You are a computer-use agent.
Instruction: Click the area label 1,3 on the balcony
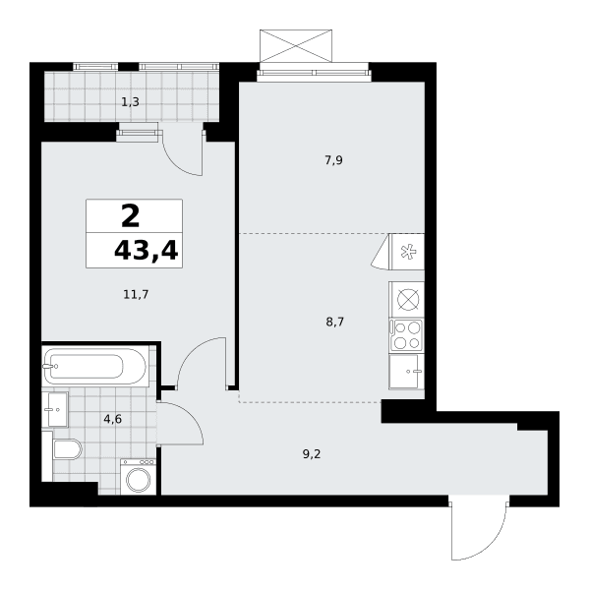coord(130,102)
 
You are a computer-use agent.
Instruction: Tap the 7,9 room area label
coord(333,160)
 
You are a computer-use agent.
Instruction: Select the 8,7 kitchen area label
coord(334,323)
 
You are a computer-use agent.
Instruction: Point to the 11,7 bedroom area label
coord(136,294)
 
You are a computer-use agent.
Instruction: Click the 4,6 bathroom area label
coord(113,419)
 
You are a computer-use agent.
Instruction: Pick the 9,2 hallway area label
coord(312,454)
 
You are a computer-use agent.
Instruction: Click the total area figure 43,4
coord(147,251)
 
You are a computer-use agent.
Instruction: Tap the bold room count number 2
coord(131,217)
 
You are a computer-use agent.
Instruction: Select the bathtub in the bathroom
coord(94,366)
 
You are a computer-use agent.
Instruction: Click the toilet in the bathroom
coord(67,449)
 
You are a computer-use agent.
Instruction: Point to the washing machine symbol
coord(138,476)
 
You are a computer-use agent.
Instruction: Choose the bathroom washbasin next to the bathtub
coord(55,409)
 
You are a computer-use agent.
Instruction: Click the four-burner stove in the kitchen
coord(406,335)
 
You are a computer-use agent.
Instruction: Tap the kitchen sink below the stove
coord(406,372)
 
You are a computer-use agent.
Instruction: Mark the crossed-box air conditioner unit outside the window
coord(296,45)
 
